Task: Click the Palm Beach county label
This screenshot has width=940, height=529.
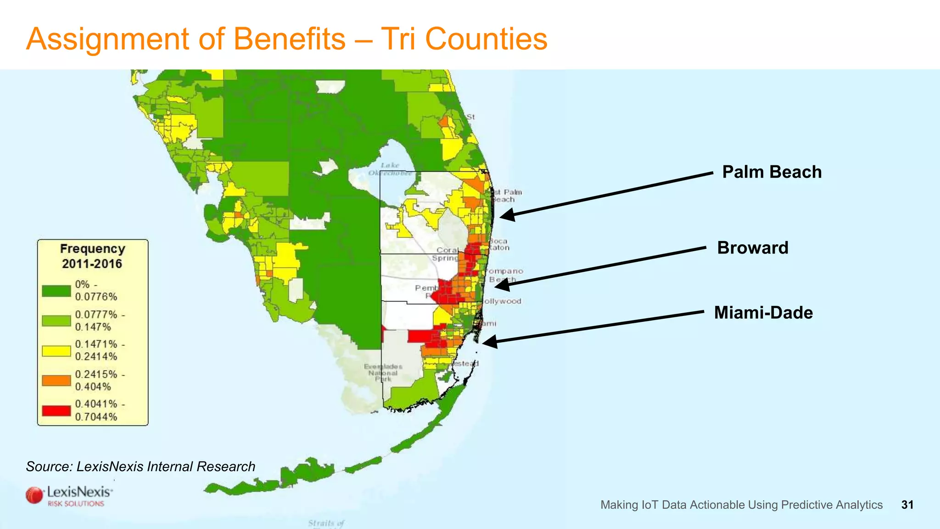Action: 772,172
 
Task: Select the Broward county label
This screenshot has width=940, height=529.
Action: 753,248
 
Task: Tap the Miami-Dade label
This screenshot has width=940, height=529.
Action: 763,313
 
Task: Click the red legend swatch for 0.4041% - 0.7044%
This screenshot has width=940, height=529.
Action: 56,410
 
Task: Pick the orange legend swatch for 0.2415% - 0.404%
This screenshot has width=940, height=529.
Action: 56,380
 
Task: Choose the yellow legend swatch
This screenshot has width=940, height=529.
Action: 56,351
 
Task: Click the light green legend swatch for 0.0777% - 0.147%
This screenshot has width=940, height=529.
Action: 56,321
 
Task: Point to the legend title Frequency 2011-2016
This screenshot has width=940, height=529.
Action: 92,256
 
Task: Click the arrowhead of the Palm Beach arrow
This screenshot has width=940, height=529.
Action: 506,215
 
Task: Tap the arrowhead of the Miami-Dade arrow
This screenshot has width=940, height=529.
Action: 489,342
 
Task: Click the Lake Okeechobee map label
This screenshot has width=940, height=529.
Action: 390,169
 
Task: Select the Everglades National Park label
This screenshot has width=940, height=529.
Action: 383,372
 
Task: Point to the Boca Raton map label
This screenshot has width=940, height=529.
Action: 499,244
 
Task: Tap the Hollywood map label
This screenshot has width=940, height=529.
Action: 502,301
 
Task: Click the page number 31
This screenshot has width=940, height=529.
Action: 907,505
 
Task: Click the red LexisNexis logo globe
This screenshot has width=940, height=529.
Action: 34,495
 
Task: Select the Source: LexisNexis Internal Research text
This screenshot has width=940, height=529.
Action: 140,467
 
